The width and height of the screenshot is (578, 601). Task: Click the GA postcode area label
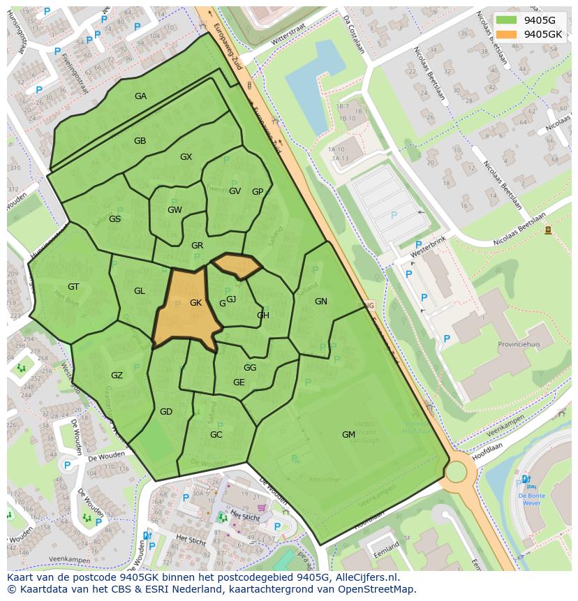(x=140, y=96)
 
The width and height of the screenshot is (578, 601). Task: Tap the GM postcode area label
(x=348, y=435)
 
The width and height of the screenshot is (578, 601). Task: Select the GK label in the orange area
(x=195, y=303)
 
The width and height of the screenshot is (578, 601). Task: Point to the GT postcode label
(x=73, y=287)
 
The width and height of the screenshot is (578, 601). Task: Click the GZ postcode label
(x=117, y=376)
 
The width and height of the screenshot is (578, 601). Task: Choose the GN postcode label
(x=321, y=302)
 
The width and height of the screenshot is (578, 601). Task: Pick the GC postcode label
(x=216, y=435)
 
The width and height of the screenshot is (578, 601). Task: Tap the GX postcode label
(x=186, y=157)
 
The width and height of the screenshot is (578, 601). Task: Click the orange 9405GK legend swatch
(x=507, y=34)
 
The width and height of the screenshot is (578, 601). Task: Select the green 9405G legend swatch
(x=507, y=20)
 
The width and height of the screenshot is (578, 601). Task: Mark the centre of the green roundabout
(x=456, y=472)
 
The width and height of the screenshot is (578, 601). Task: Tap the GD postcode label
(x=165, y=412)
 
